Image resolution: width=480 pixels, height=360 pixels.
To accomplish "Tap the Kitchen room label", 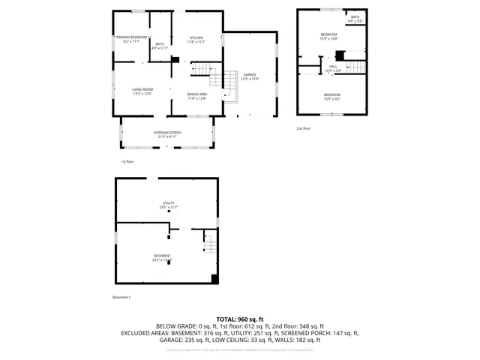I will (x=196, y=39).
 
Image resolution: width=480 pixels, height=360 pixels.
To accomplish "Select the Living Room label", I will (x=142, y=91).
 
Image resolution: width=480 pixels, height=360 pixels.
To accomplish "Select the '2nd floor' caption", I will (x=304, y=129).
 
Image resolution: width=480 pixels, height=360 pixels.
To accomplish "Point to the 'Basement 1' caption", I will (x=121, y=298).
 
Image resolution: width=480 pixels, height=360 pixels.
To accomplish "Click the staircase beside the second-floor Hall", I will (x=357, y=68).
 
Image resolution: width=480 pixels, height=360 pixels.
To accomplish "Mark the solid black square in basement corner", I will (x=214, y=279).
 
